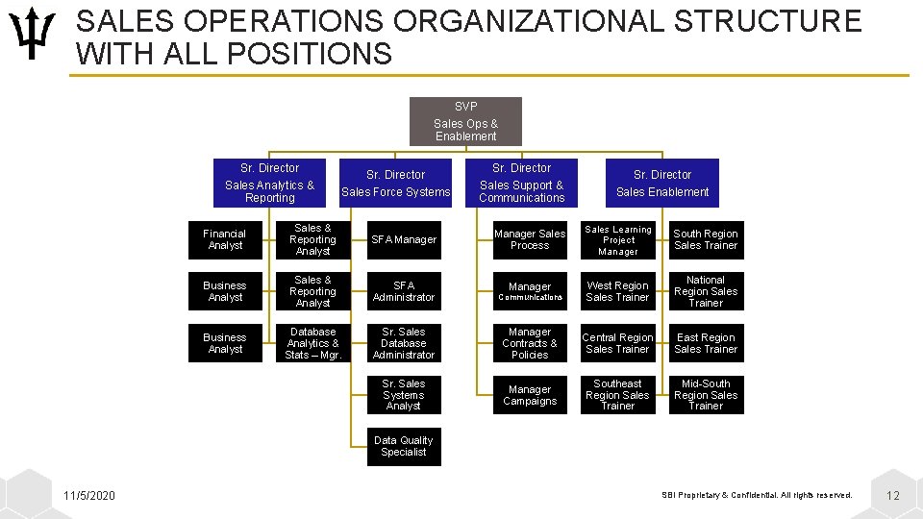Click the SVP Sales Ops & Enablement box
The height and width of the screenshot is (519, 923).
pyautogui.click(x=465, y=121)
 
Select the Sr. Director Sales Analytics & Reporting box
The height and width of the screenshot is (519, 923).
pyautogui.click(x=270, y=183)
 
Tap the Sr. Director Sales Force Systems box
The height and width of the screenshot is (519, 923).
pyautogui.click(x=396, y=183)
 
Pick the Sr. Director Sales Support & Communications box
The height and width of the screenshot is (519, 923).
pyautogui.click(x=522, y=183)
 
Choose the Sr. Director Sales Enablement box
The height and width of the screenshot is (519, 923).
pyautogui.click(x=662, y=183)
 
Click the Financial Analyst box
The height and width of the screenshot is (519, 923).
pyautogui.click(x=225, y=239)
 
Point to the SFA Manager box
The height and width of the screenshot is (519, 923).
pyautogui.click(x=404, y=239)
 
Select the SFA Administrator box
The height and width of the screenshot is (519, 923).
pyautogui.click(x=404, y=291)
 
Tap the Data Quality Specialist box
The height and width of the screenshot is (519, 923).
pyautogui.click(x=404, y=446)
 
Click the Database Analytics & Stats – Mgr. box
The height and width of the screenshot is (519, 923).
pyautogui.click(x=313, y=343)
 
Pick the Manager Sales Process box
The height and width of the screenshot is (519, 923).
pyautogui.click(x=530, y=239)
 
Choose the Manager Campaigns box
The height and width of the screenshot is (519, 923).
pyautogui.click(x=530, y=395)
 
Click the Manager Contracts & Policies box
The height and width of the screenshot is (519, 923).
pyautogui.click(x=530, y=343)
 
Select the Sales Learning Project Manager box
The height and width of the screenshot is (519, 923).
pyautogui.click(x=618, y=239)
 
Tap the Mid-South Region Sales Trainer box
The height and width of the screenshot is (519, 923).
pyautogui.click(x=706, y=395)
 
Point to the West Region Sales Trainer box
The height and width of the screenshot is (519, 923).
pyautogui.click(x=618, y=291)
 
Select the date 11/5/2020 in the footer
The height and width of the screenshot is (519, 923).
pyautogui.click(x=88, y=495)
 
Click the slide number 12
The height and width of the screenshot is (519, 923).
pyautogui.click(x=892, y=495)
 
